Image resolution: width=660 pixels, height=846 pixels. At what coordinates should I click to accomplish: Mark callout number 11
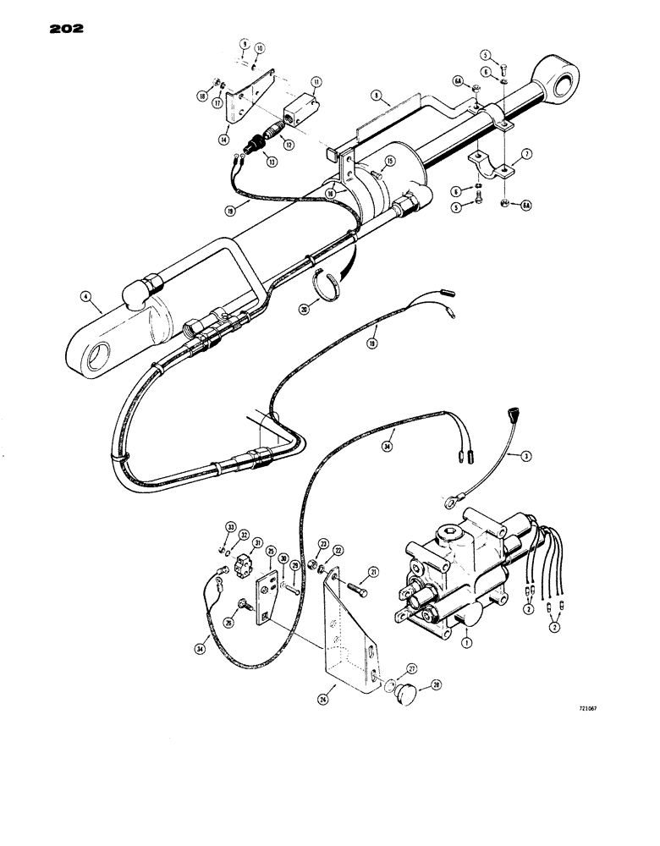pyautogui.click(x=315, y=82)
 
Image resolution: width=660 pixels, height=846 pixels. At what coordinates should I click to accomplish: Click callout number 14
pyautogui.click(x=224, y=140)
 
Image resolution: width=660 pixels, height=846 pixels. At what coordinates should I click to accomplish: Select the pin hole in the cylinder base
pyautogui.click(x=95, y=349)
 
